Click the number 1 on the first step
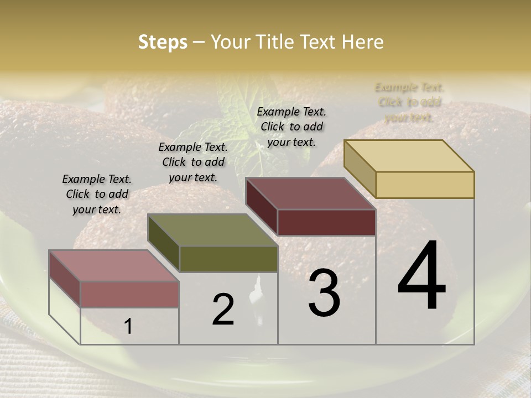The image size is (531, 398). (x=128, y=327)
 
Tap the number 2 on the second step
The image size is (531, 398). (x=223, y=310)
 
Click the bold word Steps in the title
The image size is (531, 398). (x=163, y=42)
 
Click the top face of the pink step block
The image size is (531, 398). (x=113, y=265)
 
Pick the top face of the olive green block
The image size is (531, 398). (x=212, y=230)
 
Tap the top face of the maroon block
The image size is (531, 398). (x=310, y=193)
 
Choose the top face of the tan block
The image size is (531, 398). (x=409, y=156)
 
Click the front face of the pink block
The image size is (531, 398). (x=129, y=294)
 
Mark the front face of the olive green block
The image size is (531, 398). (x=228, y=259)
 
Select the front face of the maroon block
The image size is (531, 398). (x=326, y=222)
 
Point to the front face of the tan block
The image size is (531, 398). (x=425, y=185)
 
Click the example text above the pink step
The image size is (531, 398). (x=97, y=194)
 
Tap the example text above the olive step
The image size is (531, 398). (x=193, y=162)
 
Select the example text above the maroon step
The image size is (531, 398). (x=291, y=127)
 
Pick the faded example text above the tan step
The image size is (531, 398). (x=409, y=102)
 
